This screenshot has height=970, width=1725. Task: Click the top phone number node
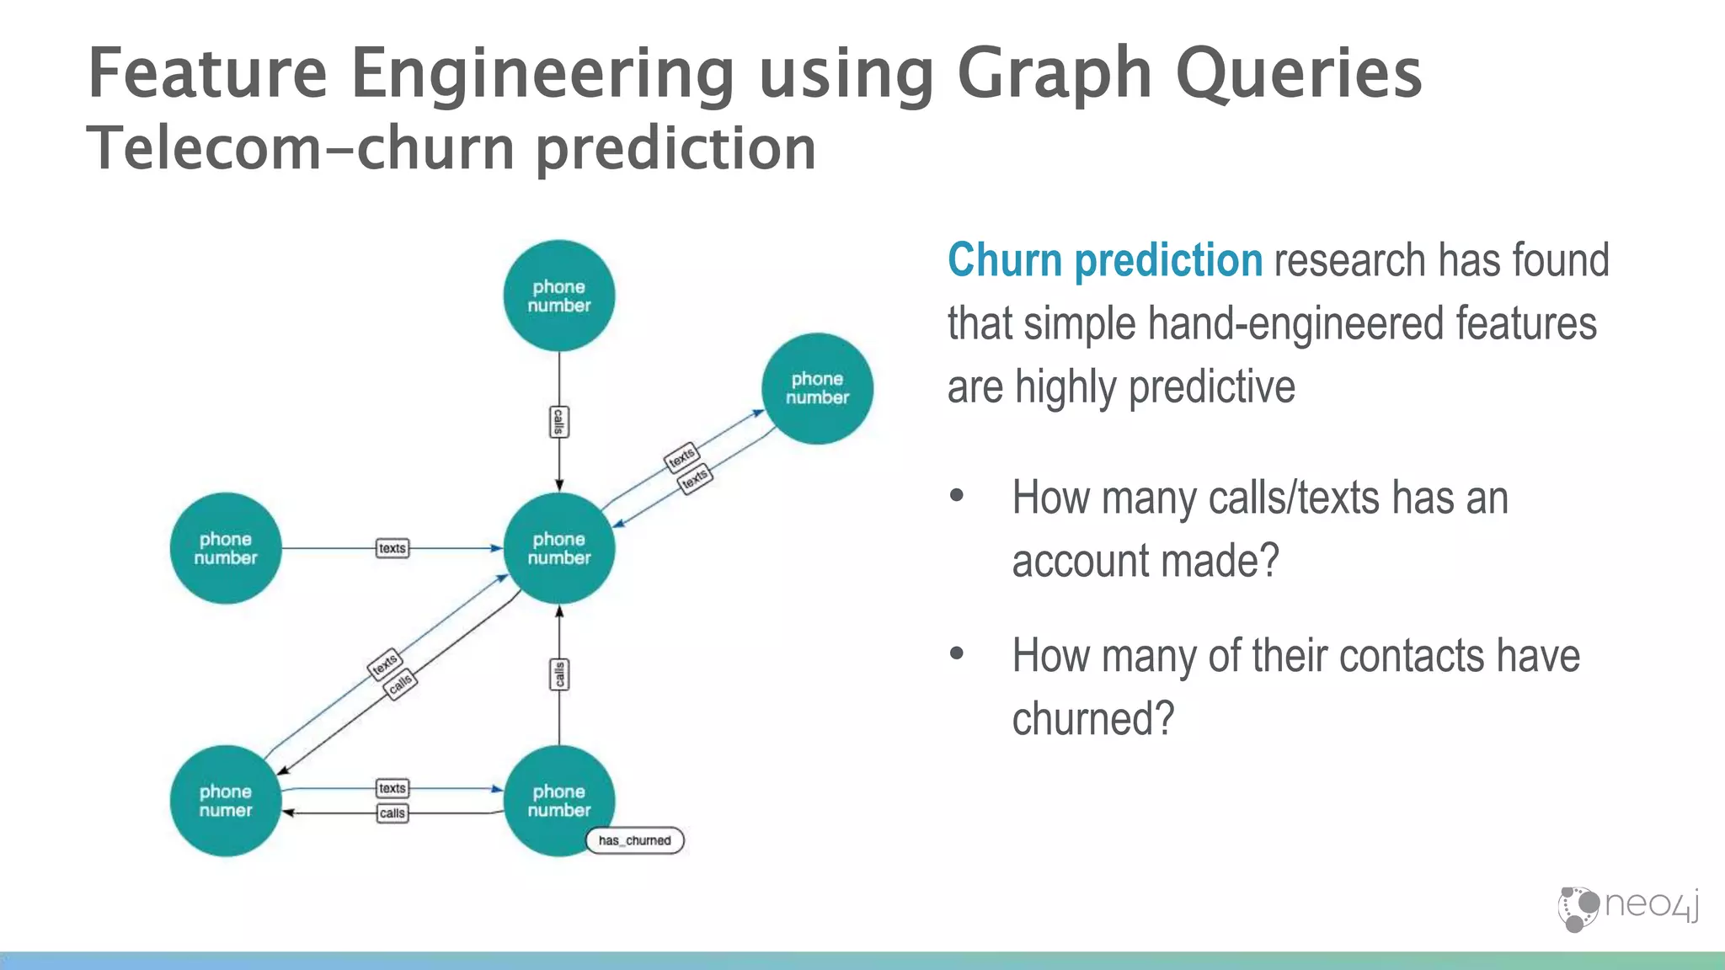[x=558, y=296]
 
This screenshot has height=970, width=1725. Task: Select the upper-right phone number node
[x=817, y=388]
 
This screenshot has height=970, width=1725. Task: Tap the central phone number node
[x=558, y=548]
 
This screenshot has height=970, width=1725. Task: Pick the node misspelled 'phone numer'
[x=225, y=801]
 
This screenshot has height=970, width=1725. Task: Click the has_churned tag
[x=634, y=840]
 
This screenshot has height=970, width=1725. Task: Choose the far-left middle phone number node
[x=225, y=548]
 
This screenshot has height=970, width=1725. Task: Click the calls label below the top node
[x=558, y=422]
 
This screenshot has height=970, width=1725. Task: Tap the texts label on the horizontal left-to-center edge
[x=392, y=548]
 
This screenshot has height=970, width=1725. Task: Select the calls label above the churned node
[x=559, y=674]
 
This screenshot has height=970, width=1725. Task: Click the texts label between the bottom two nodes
[x=392, y=788]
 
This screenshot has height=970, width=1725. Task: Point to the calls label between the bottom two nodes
[x=392, y=813]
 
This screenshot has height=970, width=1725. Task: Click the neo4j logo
[x=1627, y=908]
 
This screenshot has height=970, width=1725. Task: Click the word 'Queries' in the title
[x=1298, y=74]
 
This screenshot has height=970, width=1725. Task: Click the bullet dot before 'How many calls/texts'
[x=956, y=496]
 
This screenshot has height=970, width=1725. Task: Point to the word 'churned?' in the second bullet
[x=1092, y=719]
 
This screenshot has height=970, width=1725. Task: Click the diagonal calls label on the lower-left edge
[x=400, y=682]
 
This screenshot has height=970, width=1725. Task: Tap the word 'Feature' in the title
[x=206, y=74]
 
